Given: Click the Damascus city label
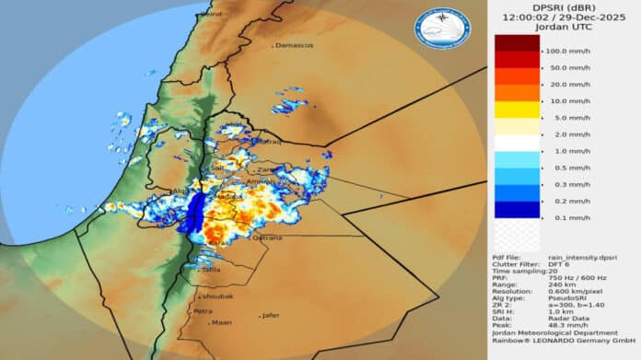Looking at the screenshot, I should point(296,45).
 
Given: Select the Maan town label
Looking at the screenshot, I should point(222,322).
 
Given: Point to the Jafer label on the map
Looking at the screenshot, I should point(270,315).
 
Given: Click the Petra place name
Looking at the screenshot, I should point(203,311).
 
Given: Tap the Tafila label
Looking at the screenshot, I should point(211,270).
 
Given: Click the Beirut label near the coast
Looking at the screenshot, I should point(211,14).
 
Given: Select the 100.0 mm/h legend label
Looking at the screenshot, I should point(567,51).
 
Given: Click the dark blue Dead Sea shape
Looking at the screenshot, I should point(193,214).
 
